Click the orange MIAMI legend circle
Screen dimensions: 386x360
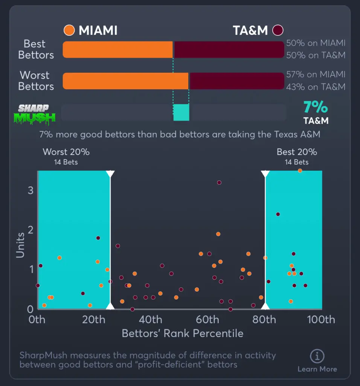(69, 30)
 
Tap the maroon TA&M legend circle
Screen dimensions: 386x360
(278, 30)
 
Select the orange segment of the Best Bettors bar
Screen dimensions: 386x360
(117, 49)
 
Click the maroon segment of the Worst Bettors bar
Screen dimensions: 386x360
(236, 81)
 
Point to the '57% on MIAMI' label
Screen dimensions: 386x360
(316, 75)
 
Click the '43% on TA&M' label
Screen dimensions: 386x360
(316, 87)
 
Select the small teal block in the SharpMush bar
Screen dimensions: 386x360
(181, 113)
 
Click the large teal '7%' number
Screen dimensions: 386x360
(316, 107)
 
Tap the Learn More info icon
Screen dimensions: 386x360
(317, 356)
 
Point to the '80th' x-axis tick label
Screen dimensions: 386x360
(264, 320)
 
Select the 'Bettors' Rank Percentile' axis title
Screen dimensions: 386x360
(182, 334)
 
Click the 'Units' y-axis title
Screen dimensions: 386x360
(20, 245)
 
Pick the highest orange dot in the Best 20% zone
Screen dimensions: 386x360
(300, 171)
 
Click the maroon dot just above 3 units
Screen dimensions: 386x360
(219, 182)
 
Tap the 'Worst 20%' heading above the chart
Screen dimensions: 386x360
(66, 152)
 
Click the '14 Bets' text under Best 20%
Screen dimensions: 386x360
(296, 162)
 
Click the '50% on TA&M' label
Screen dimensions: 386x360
(316, 55)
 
